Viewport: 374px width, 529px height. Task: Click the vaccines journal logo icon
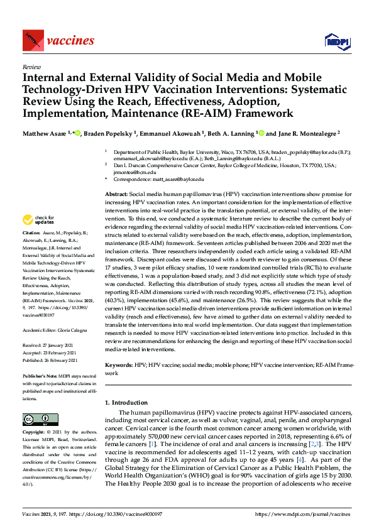coord(32,41)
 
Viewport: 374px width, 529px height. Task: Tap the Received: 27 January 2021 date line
coord(50,345)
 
